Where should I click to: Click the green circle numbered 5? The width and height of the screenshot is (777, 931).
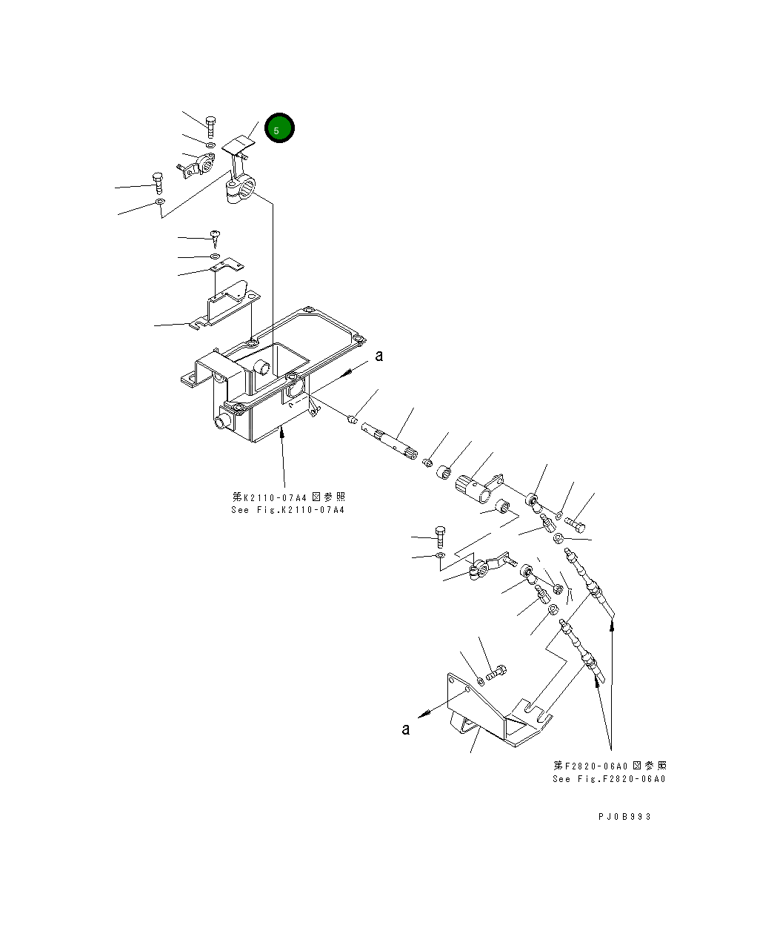(279, 129)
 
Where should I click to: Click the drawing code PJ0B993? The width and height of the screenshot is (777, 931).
(624, 816)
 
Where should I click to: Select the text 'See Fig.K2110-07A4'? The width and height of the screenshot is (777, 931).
(287, 510)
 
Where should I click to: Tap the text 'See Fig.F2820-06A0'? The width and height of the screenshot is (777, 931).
(609, 779)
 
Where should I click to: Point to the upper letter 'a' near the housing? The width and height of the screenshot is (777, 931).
(379, 356)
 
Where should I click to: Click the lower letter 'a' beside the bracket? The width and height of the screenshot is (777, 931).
(405, 729)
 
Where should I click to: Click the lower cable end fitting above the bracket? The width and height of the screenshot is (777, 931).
(581, 646)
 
